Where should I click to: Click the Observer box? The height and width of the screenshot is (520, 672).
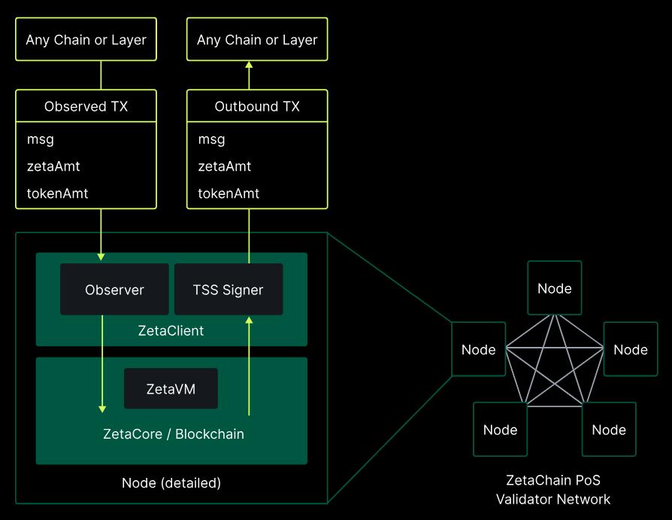tap(114, 290)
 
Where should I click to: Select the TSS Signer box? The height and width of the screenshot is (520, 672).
tap(229, 290)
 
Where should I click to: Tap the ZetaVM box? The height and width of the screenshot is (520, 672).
tap(171, 388)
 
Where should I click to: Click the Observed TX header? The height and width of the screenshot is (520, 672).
tap(86, 107)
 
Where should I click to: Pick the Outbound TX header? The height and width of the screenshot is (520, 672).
tap(257, 107)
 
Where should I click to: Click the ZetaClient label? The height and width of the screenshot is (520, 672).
tap(171, 330)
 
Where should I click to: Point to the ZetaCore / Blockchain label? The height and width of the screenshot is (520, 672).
tap(173, 433)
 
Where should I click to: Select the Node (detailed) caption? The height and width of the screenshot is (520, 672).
tap(171, 482)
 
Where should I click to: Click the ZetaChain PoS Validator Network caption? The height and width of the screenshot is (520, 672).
tap(553, 489)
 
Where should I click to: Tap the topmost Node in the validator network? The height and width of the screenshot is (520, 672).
tap(555, 288)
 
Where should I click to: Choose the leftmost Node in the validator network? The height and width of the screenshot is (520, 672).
tap(479, 349)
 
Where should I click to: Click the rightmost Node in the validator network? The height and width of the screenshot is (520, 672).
tap(631, 349)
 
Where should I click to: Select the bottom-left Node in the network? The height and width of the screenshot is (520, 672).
tap(501, 430)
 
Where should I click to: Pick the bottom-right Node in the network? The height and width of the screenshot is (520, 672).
tap(609, 430)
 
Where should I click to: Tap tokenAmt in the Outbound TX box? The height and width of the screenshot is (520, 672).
tap(229, 193)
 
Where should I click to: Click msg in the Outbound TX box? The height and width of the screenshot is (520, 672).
tap(211, 139)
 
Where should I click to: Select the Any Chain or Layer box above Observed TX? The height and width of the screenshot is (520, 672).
tap(86, 40)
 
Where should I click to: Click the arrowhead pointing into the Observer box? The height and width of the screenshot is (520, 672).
tap(101, 257)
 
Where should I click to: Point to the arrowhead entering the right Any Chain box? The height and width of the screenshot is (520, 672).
tap(249, 65)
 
